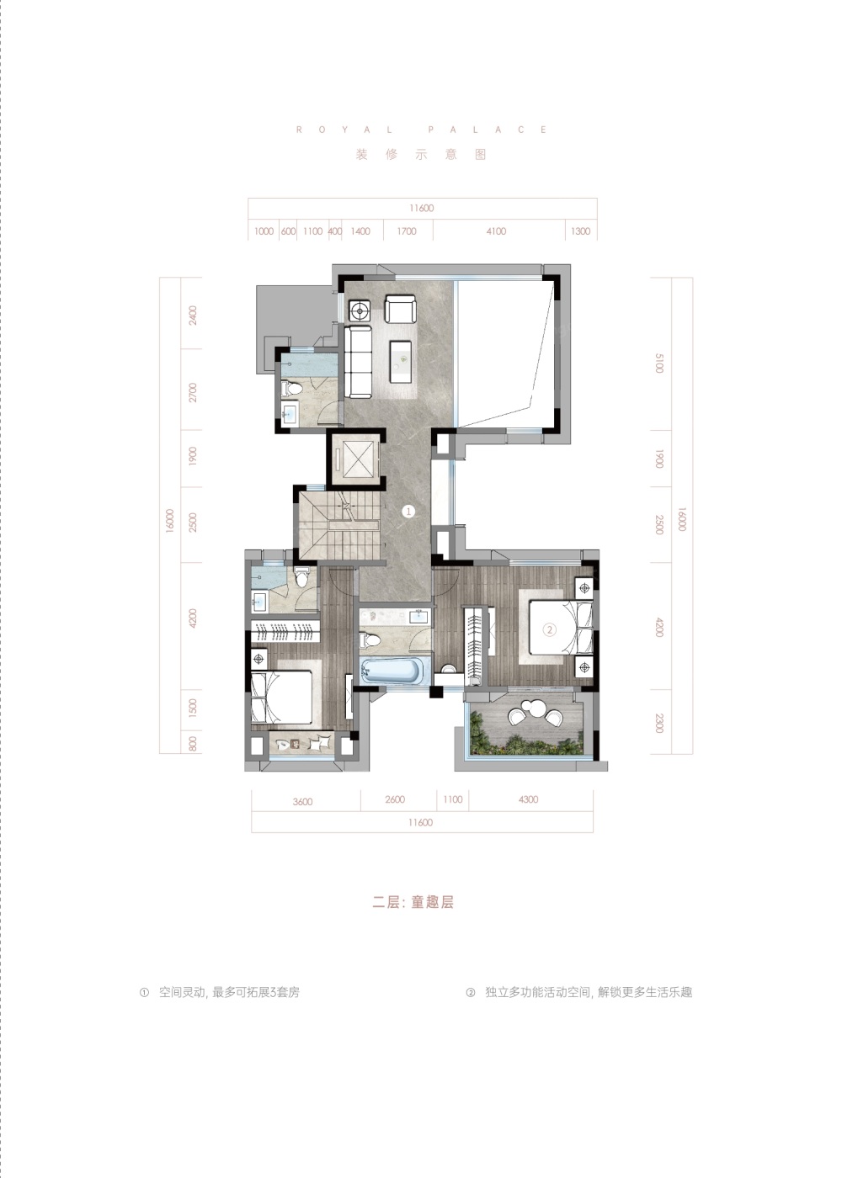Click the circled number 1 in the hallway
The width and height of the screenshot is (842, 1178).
coord(408,511)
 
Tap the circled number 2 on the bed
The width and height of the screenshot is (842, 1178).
coord(549,629)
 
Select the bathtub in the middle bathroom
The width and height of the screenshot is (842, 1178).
coord(392,672)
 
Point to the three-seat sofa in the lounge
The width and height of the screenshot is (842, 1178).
coord(358,362)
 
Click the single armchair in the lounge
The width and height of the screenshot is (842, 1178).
coord(400,309)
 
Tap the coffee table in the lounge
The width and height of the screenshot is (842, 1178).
coord(401,361)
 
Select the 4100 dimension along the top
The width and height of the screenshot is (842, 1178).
coord(496,231)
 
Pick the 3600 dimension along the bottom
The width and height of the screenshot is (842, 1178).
coord(302,801)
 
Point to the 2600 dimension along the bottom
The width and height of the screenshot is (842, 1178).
coord(395,799)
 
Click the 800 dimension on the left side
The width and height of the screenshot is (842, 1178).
coord(193,744)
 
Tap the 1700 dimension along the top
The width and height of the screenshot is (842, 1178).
coord(406,231)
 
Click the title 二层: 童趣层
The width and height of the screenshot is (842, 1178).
coord(413,902)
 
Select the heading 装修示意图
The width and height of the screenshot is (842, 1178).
coord(420,154)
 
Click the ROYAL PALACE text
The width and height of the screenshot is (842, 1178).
coord(422,130)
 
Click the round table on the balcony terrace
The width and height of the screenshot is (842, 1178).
coord(532,708)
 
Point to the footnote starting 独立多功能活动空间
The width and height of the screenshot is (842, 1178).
coord(589,992)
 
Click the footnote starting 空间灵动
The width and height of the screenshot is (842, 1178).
coord(229,992)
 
